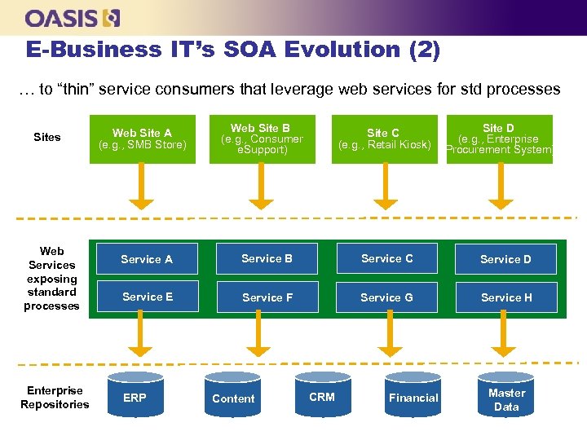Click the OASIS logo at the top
[73, 17]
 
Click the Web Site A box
[143, 139]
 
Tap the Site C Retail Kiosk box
[384, 139]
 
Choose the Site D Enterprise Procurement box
[499, 139]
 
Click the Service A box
[147, 259]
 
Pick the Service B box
[267, 258]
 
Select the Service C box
[387, 258]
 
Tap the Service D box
[505, 259]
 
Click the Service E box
[147, 297]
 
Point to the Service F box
[267, 297]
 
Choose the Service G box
[387, 297]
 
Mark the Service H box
[505, 297]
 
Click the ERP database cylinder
[135, 398]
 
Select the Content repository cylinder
[233, 398]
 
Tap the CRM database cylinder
[322, 397]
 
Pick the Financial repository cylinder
[413, 398]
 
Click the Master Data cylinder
[506, 398]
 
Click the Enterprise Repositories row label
[55, 398]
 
